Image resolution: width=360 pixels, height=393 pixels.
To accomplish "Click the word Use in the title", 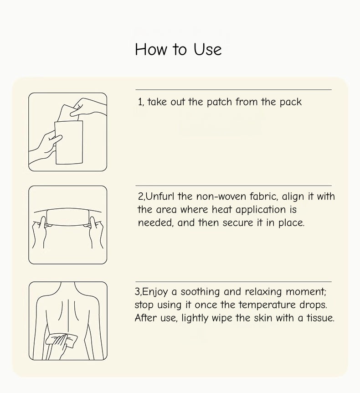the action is (207, 49).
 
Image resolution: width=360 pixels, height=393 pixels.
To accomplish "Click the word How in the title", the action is (151, 49).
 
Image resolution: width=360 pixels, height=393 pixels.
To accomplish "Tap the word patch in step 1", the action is (219, 102).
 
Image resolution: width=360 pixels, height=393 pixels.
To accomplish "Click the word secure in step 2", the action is (238, 223).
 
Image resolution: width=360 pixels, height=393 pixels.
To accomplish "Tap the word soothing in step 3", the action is (200, 292).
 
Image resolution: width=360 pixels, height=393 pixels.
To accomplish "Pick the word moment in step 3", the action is (306, 292).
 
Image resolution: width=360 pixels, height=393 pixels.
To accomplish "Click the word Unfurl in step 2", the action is (160, 196).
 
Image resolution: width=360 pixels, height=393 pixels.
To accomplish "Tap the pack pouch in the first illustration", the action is (69, 142).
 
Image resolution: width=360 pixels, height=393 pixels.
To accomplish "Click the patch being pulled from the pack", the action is (68, 113).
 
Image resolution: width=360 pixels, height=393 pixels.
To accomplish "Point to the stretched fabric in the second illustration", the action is (68, 217).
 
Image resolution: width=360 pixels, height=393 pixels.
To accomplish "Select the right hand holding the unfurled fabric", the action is (96, 232).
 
